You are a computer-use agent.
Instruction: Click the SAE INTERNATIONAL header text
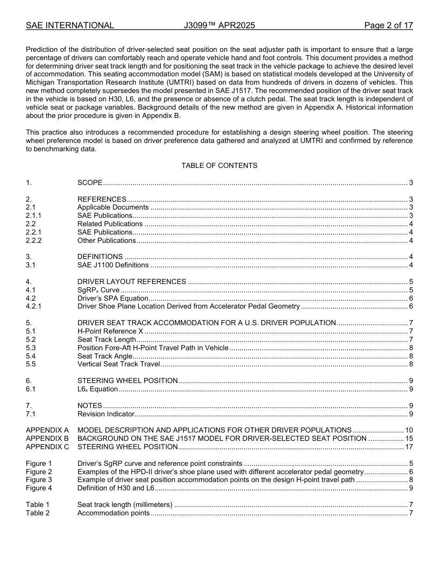(x=70, y=25)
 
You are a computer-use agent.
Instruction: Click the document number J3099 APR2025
(x=219, y=25)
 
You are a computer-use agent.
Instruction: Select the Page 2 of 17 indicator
(x=388, y=25)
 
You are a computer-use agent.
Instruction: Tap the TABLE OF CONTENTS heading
(x=219, y=166)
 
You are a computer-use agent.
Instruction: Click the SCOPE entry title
(x=90, y=183)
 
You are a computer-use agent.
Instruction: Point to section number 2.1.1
(x=34, y=216)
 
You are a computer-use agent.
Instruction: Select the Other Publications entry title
(x=106, y=241)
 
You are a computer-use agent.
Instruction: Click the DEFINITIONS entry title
(x=100, y=257)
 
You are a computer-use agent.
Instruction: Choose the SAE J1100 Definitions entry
(x=113, y=265)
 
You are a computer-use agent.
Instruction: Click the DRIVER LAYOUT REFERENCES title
(x=132, y=282)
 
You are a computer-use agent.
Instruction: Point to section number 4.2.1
(x=34, y=306)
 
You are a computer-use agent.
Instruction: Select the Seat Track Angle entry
(x=104, y=356)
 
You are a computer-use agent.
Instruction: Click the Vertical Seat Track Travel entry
(x=118, y=364)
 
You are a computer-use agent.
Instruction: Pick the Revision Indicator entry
(x=106, y=414)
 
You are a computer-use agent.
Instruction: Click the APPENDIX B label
(x=47, y=439)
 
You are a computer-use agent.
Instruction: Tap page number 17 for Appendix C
(x=409, y=447)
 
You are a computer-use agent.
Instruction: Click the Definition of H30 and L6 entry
(x=116, y=488)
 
